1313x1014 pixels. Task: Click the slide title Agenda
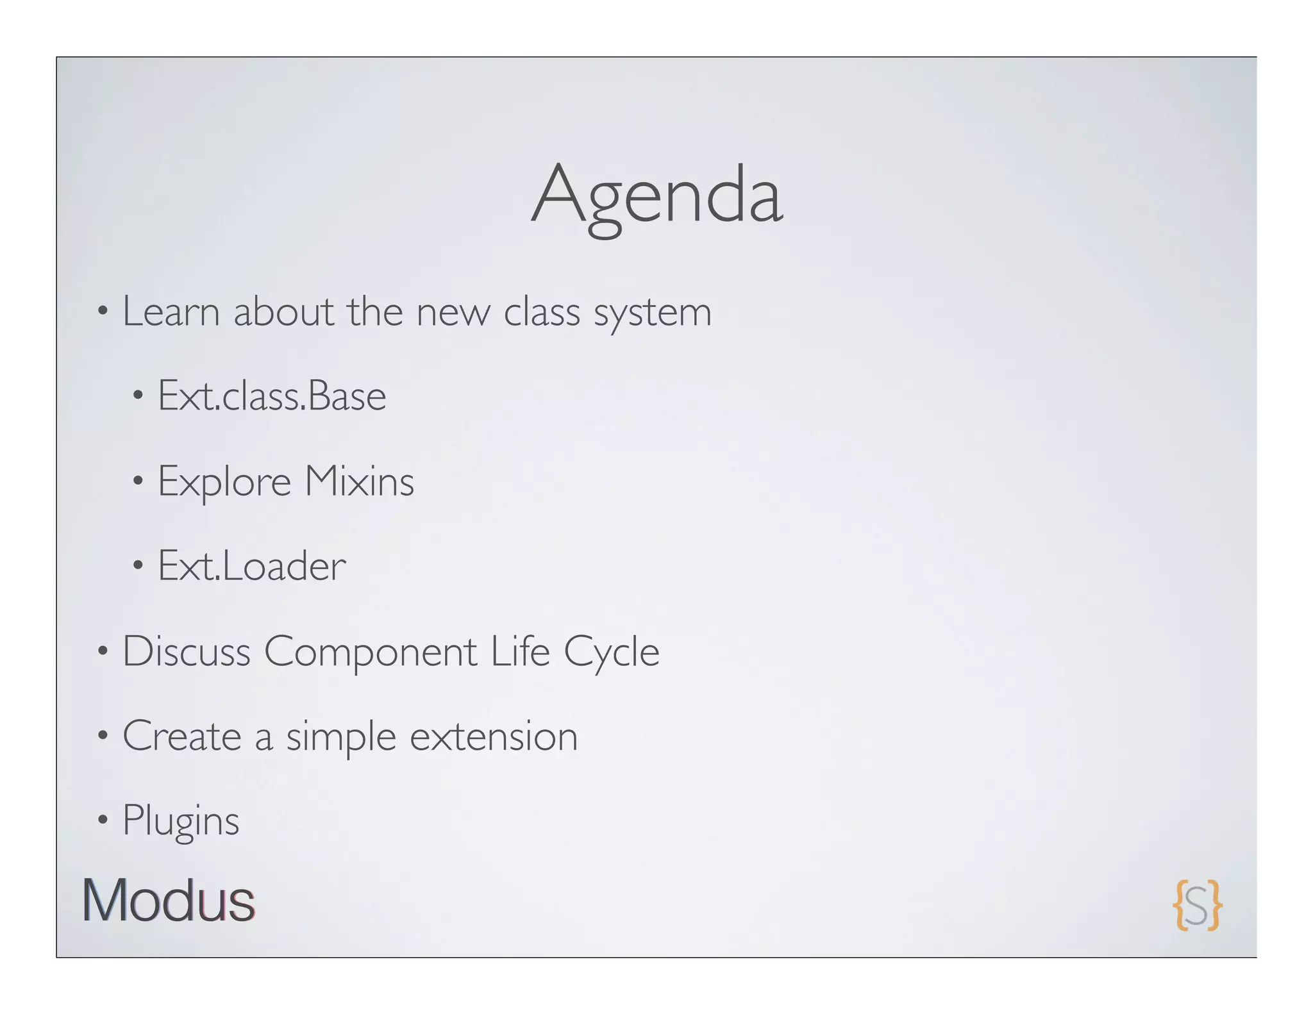tap(656, 195)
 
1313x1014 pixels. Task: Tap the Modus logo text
tap(169, 901)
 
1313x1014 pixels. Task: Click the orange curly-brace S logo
tap(1197, 904)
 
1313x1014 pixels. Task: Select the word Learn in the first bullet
tap(171, 312)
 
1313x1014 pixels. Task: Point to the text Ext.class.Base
tap(272, 396)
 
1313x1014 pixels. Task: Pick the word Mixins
tap(359, 481)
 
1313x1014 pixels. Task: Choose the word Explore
tap(224, 482)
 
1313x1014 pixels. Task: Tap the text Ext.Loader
tap(252, 566)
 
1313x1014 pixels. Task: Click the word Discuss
tap(186, 651)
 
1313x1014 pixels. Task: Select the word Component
tap(371, 652)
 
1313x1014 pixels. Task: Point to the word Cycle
tap(611, 652)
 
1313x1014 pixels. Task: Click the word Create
tap(182, 736)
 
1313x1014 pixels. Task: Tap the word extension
tap(494, 736)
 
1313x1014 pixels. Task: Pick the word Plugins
tap(181, 821)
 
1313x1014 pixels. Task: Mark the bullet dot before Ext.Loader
tap(138, 565)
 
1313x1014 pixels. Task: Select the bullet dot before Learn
tap(103, 312)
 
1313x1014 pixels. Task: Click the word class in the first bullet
tap(542, 312)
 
